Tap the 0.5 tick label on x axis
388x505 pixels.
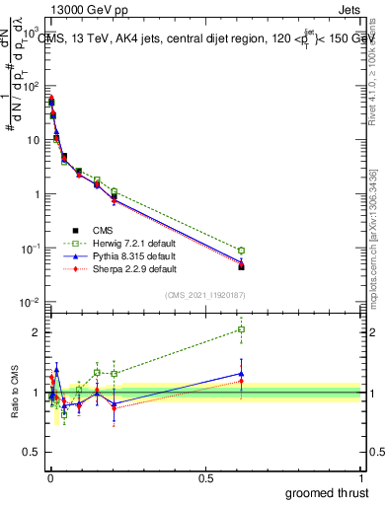point(205,477)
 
